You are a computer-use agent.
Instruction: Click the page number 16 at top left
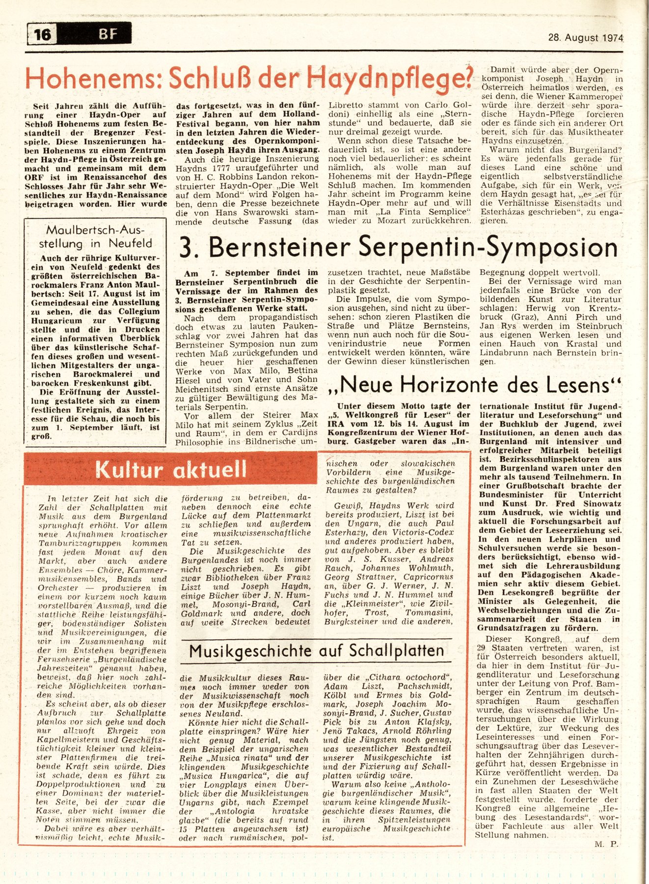(43, 35)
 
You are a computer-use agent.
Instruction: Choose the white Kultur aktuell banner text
(170, 470)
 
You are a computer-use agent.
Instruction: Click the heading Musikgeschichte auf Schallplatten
(317, 651)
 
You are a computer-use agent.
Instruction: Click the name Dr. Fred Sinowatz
(569, 504)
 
